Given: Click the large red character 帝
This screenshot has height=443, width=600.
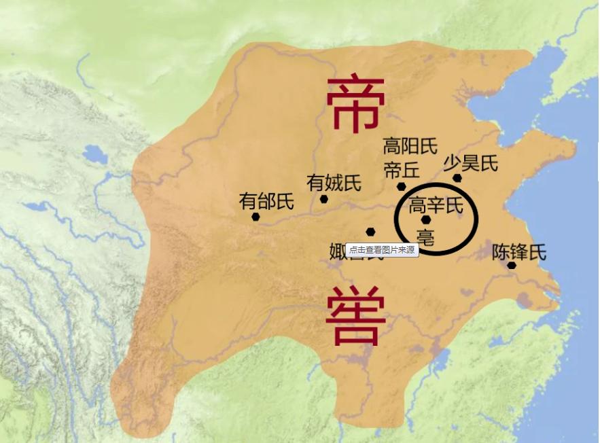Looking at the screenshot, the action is pyautogui.click(x=356, y=103).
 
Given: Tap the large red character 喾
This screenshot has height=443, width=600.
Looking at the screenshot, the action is pyautogui.click(x=355, y=317).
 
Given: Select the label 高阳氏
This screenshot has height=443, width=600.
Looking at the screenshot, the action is pyautogui.click(x=410, y=146).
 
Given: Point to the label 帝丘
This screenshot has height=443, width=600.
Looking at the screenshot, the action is pyautogui.click(x=402, y=168).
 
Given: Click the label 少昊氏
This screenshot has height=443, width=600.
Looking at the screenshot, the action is pyautogui.click(x=471, y=163).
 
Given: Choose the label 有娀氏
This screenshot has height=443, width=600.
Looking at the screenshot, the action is pyautogui.click(x=334, y=183).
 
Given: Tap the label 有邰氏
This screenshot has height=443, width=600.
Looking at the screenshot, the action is pyautogui.click(x=266, y=201).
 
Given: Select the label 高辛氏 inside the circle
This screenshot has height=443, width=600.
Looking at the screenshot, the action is pyautogui.click(x=436, y=205).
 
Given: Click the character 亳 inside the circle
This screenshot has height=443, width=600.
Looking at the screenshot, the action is pyautogui.click(x=426, y=236).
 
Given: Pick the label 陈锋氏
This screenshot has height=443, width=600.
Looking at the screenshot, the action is pyautogui.click(x=519, y=252).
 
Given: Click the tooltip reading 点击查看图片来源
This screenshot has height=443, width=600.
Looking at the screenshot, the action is pyautogui.click(x=382, y=250).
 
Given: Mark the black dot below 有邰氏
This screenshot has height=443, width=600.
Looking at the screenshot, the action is pyautogui.click(x=255, y=217).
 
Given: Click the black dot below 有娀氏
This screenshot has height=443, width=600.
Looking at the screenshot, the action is pyautogui.click(x=324, y=199).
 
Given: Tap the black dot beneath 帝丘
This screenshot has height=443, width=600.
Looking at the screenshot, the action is pyautogui.click(x=402, y=186).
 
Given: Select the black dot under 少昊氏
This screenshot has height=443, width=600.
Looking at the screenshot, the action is pyautogui.click(x=457, y=178).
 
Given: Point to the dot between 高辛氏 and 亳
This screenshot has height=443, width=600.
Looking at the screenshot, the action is pyautogui.click(x=426, y=220).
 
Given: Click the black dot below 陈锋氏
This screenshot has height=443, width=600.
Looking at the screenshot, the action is pyautogui.click(x=511, y=265).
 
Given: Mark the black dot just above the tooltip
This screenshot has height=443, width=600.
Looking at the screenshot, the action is pyautogui.click(x=370, y=232).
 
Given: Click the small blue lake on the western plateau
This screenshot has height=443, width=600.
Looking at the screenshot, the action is pyautogui.click(x=94, y=156).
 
